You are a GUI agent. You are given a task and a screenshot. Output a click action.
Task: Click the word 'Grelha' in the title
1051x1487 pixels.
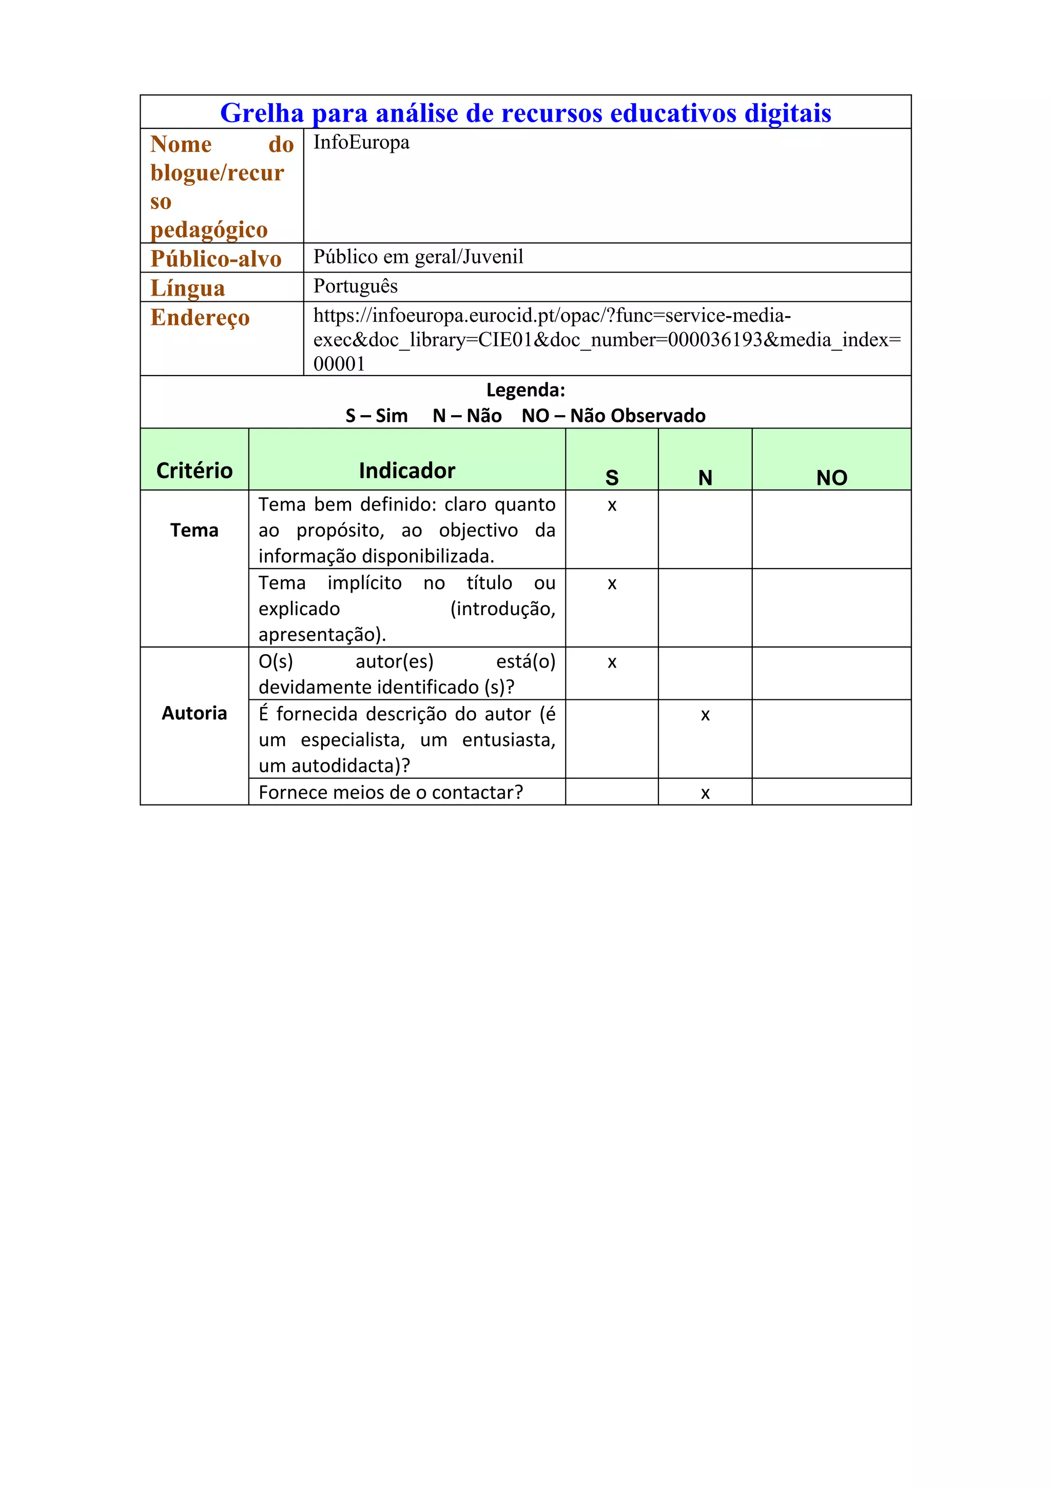(262, 113)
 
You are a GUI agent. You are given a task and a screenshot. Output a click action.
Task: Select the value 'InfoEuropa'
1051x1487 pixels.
(361, 143)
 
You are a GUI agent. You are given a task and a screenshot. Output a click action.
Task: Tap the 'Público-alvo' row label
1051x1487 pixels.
(216, 259)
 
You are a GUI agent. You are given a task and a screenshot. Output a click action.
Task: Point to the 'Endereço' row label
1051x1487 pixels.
(200, 317)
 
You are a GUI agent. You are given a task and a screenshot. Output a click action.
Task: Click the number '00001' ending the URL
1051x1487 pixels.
(339, 364)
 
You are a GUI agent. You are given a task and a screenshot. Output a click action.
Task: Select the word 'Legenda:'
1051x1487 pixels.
(525, 390)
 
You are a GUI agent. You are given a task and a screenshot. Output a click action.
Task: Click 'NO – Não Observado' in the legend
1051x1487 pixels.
(613, 416)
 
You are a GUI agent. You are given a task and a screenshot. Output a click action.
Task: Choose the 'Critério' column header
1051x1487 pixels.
(194, 470)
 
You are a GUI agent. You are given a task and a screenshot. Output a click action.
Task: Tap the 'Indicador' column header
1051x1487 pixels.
(406, 470)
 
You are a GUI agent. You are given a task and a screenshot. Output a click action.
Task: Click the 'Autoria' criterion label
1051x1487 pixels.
(194, 713)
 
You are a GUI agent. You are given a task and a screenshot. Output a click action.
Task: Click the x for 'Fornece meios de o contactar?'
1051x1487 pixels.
(705, 793)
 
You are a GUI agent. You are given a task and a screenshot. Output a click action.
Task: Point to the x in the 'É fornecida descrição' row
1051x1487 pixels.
(705, 715)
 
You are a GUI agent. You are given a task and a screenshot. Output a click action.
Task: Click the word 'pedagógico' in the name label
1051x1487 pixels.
(208, 230)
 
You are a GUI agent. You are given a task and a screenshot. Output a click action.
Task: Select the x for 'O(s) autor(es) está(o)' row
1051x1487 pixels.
(611, 662)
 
